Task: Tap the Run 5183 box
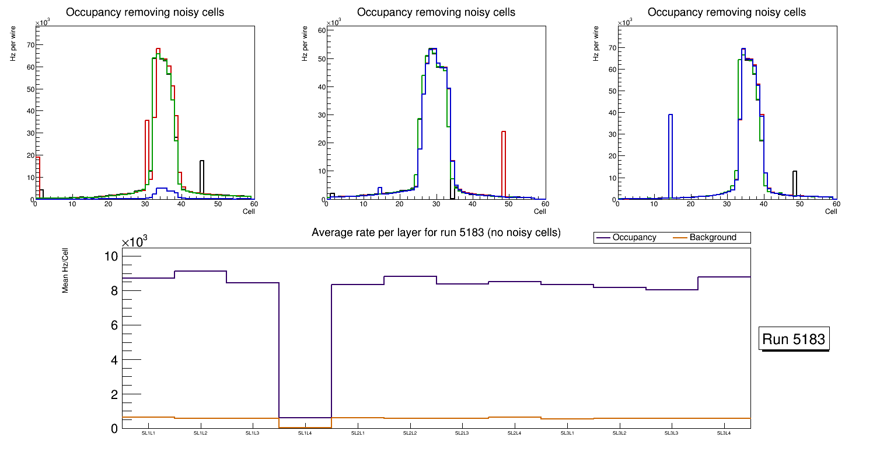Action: click(794, 339)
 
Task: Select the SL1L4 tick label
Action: click(305, 433)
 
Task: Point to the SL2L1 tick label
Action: click(358, 433)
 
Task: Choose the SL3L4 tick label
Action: click(724, 433)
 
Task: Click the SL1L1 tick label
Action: click(148, 433)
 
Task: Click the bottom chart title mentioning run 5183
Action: click(436, 233)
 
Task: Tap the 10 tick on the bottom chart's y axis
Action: click(111, 256)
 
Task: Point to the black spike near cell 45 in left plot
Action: click(202, 175)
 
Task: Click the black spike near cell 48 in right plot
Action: click(795, 182)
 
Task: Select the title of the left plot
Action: click(145, 12)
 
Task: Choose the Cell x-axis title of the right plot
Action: click(831, 211)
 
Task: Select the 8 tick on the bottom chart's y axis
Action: click(114, 290)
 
